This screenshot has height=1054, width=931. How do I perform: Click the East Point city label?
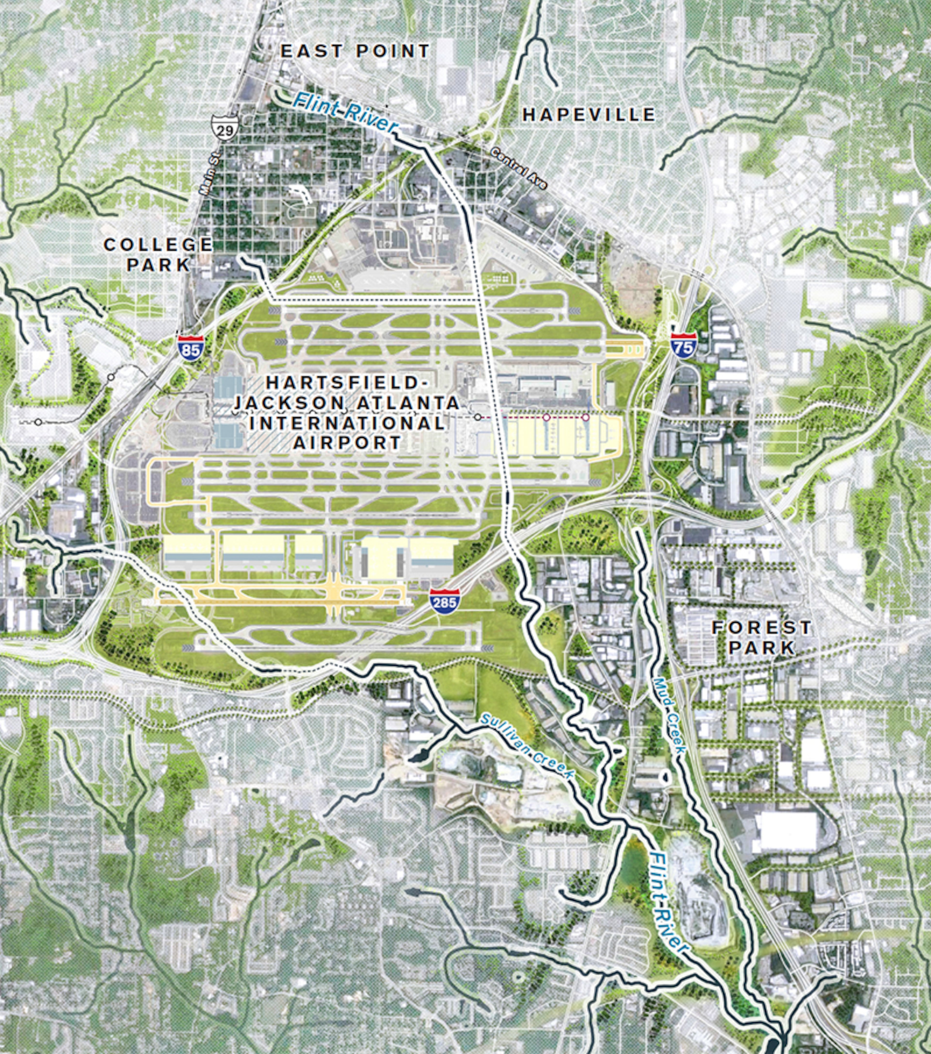(x=355, y=51)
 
